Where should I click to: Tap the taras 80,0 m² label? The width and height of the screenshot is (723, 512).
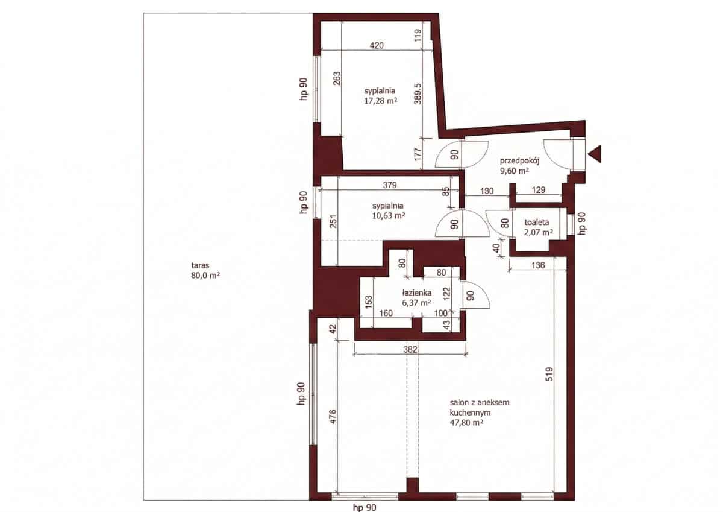tap(205, 270)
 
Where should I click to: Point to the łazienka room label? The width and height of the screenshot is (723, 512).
tap(417, 292)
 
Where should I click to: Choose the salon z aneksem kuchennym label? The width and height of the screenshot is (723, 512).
tap(480, 407)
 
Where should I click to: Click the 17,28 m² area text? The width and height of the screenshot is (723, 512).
tap(381, 101)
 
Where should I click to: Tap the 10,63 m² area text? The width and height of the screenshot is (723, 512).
tap(389, 216)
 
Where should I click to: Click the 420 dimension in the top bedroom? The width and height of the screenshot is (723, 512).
tap(377, 46)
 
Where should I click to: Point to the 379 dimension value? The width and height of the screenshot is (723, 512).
tap(390, 185)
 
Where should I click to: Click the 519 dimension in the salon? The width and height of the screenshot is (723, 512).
tap(549, 374)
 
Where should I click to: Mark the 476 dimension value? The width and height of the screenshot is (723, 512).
tap(333, 417)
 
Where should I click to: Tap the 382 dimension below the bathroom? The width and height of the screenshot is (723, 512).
tap(410, 349)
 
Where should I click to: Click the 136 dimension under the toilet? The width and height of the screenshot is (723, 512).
tap(537, 265)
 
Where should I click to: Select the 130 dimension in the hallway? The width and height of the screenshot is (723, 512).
tap(487, 191)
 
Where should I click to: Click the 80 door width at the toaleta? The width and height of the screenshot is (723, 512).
tap(505, 223)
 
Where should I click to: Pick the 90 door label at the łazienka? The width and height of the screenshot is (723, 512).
tap(471, 296)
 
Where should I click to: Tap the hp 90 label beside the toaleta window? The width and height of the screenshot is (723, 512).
tap(581, 224)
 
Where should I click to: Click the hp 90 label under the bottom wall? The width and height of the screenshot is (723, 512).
tap(365, 508)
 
